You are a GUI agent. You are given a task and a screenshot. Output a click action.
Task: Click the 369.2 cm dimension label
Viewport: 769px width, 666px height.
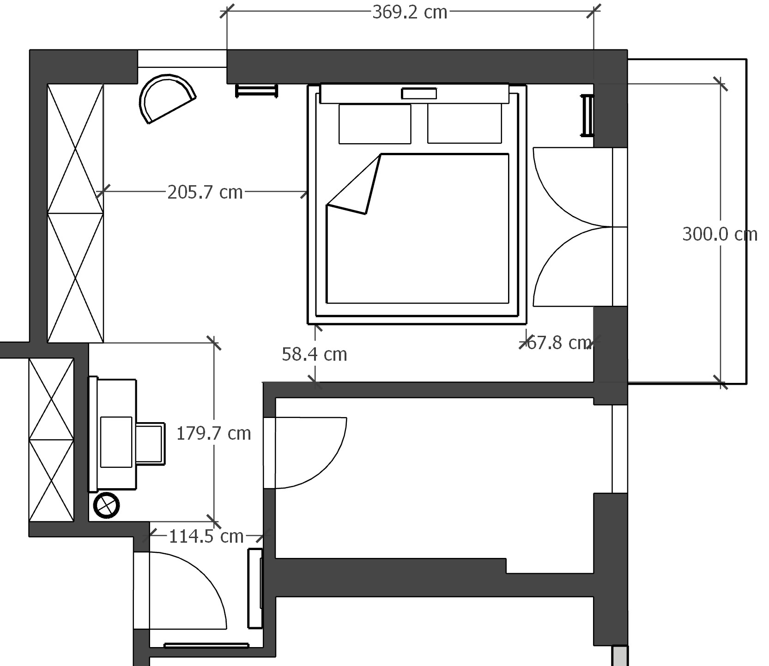coord(410,12)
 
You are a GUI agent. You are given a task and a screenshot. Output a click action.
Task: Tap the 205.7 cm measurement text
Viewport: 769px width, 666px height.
coord(205,192)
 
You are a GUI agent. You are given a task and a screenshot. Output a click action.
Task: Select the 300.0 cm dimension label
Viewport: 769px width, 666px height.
coord(720,235)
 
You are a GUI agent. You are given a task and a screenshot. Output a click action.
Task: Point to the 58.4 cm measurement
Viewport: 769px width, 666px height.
coord(314,354)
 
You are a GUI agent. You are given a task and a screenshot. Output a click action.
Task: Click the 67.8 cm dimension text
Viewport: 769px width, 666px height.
coord(559,343)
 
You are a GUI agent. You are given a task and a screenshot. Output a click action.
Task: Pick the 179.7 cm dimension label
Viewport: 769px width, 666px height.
coord(214,433)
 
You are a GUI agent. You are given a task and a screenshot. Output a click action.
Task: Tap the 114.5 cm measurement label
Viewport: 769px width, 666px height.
coord(206,536)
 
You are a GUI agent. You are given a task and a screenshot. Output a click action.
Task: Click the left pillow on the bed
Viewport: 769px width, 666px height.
coord(375,124)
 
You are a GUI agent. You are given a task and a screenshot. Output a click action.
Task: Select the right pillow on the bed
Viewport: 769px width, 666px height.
coord(464,124)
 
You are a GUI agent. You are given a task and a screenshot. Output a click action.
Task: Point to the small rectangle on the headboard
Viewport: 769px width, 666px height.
coord(419,94)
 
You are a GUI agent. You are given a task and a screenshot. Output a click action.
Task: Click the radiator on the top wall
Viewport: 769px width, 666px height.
coord(257,90)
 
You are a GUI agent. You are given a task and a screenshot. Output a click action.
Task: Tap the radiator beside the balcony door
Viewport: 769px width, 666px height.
coord(587,115)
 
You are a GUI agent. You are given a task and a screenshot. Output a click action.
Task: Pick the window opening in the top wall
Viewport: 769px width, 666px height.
coord(182,59)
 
